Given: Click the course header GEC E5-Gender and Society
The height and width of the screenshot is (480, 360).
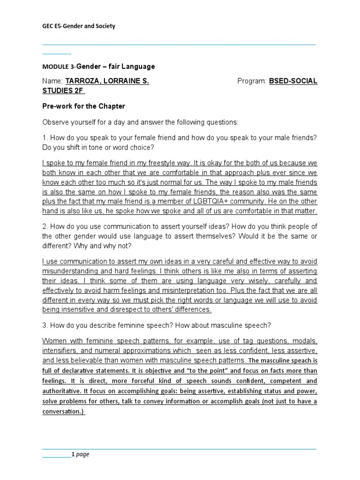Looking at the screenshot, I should tap(79, 26).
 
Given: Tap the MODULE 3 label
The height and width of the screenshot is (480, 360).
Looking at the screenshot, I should tap(58, 67).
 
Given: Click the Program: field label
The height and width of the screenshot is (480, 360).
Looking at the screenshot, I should tap(252, 81).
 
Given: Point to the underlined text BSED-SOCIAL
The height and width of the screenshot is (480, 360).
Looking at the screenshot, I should tap(293, 81).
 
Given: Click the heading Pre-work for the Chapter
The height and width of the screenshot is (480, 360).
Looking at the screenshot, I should tap(83, 106).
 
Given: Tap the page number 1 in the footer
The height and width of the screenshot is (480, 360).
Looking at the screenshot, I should tap(73, 454).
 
